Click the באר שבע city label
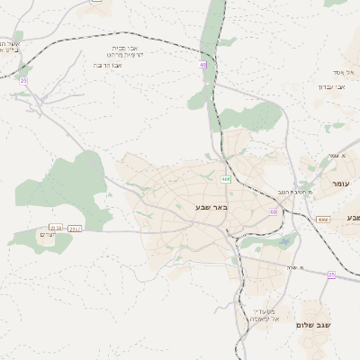(212, 208)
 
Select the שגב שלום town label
(312, 324)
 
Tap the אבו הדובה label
(107, 65)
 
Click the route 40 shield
(203, 65)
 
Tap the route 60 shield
(273, 211)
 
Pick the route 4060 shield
(322, 219)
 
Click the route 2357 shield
(76, 229)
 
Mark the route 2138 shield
(57, 229)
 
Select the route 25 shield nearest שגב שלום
(331, 274)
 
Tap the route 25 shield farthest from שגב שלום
(24, 81)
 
